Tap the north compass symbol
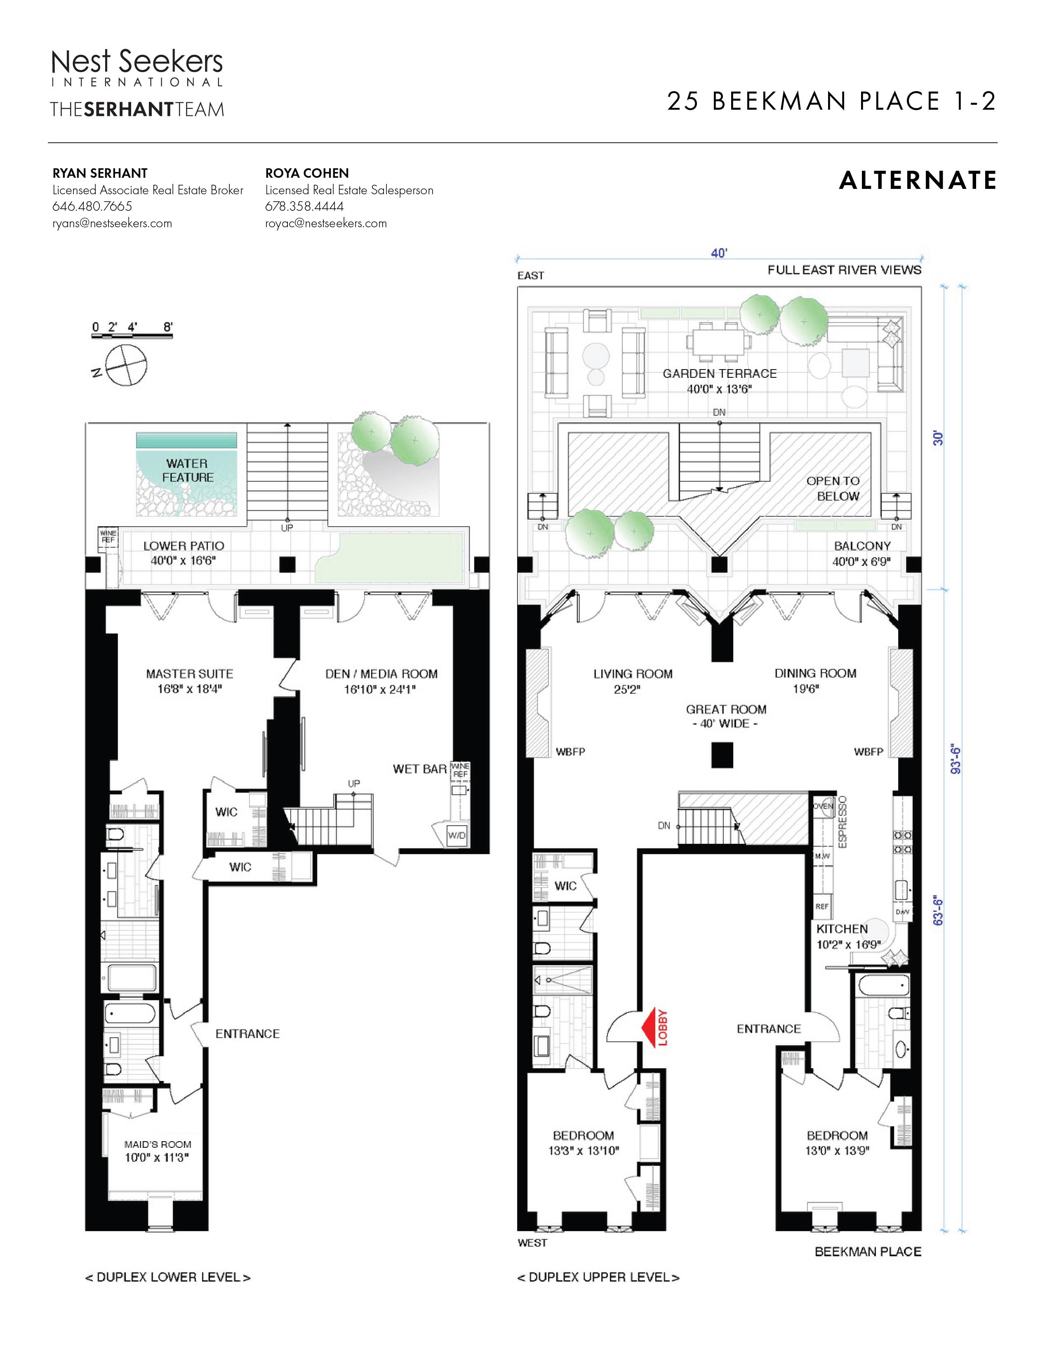[x=127, y=365]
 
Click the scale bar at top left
[x=132, y=335]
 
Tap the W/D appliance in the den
[x=457, y=836]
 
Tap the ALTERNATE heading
[x=918, y=181]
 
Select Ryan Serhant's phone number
[x=92, y=206]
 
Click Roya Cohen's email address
[x=326, y=223]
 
